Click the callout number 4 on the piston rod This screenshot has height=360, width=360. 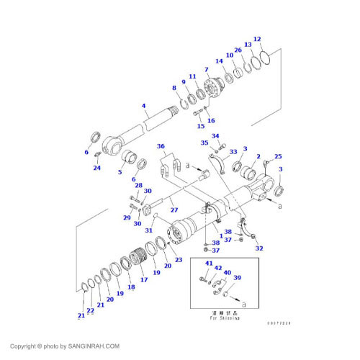144,107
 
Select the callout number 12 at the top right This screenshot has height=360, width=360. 257,39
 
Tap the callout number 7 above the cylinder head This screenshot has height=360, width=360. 206,70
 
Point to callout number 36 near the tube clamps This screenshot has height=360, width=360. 161,146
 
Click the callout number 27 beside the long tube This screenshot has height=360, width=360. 174,210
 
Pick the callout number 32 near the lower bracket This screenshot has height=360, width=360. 259,248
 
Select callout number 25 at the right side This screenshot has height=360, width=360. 278,157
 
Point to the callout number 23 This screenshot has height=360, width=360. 179,260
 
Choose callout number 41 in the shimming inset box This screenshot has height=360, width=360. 207,265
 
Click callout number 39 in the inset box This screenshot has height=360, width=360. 237,277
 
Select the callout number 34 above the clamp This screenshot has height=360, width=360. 215,135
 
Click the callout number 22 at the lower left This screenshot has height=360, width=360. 90,310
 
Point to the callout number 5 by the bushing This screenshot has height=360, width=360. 120,171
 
